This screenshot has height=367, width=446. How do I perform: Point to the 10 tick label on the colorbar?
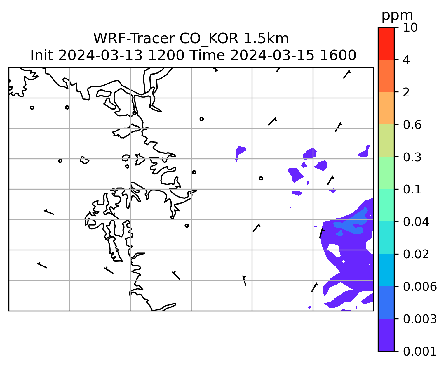410,27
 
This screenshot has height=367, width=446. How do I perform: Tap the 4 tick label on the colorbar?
406,60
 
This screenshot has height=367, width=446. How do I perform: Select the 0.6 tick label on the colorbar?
412,125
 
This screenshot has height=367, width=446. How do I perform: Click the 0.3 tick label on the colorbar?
412,157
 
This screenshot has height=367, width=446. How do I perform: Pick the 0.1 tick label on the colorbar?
412,189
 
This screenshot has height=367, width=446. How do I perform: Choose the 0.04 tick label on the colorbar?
416,221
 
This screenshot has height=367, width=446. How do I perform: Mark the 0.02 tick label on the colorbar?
416,254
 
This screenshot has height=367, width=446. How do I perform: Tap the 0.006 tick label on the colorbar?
420,287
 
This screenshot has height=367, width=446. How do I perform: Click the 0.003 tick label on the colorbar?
420,319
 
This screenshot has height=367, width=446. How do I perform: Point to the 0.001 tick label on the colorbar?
420,352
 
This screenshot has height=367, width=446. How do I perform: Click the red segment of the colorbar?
386,43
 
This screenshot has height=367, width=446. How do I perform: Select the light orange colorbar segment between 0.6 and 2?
386,108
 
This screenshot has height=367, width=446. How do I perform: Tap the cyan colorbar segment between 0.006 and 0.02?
386,270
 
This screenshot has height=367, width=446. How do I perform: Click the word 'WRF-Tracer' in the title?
134,39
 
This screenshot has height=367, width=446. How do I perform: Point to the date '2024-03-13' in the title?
100,56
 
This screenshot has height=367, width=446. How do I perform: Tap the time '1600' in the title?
338,56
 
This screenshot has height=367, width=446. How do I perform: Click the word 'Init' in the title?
42,56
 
